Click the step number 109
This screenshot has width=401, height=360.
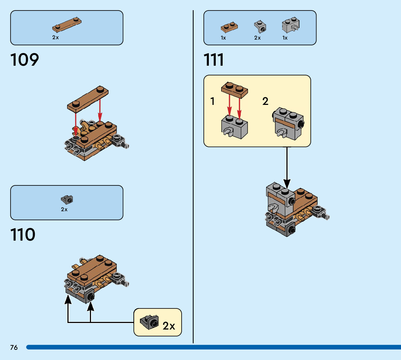[x=25, y=60]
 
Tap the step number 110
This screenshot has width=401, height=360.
[x=23, y=235]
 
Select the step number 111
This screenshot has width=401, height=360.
[x=214, y=60]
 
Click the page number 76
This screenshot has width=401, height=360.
[x=14, y=348]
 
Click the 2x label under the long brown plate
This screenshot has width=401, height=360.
[x=55, y=37]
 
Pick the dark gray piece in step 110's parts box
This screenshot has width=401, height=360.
[x=67, y=199]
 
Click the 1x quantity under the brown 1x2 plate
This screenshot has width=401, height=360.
[x=223, y=38]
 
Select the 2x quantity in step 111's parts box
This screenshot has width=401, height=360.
[x=257, y=38]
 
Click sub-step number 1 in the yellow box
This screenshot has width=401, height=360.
[x=212, y=102]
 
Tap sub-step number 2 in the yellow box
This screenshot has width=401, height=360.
[x=265, y=102]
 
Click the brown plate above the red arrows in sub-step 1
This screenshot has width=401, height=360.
[x=234, y=90]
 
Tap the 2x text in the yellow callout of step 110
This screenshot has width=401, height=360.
[x=169, y=326]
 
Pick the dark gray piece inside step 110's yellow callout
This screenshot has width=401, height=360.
[x=149, y=322]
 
